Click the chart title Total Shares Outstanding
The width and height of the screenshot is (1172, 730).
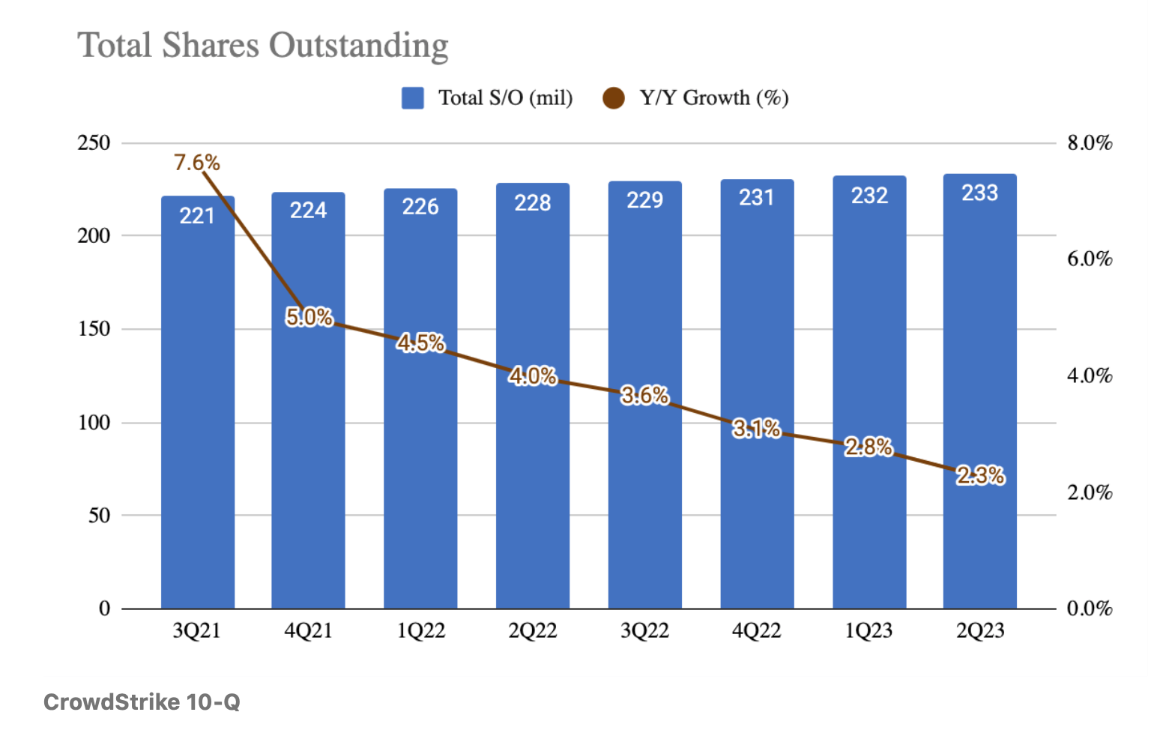pos(263,45)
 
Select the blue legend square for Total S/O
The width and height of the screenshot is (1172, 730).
pos(412,98)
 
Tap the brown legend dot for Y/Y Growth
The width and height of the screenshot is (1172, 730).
pos(613,98)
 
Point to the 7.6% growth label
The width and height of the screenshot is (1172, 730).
pos(196,163)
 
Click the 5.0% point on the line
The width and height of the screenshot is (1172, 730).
pos(309,317)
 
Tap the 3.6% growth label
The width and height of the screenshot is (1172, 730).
pos(644,395)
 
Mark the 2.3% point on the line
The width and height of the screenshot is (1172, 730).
pos(980,475)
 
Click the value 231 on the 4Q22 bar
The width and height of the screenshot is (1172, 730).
pos(756,198)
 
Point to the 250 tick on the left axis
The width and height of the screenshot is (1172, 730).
pos(94,142)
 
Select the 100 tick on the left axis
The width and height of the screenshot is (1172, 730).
pos(94,423)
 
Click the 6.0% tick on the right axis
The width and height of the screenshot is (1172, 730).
pos(1090,259)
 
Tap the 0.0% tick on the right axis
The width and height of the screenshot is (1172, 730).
pos(1090,609)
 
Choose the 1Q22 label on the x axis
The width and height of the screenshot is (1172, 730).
pos(420,631)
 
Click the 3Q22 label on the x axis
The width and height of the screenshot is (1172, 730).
pos(644,631)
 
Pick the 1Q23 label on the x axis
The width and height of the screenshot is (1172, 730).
pos(869,631)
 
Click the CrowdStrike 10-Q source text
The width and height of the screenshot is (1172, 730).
pos(142,702)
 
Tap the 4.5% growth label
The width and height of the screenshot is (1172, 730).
pos(420,343)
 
